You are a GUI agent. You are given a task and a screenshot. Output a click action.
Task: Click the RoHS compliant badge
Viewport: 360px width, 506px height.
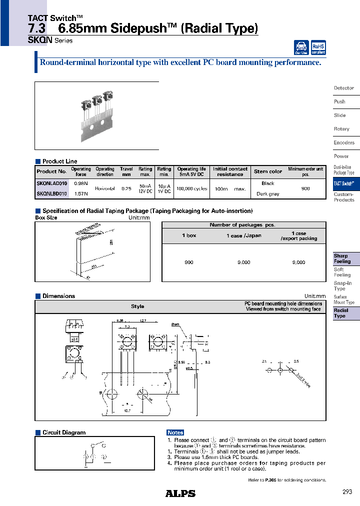point(318,47)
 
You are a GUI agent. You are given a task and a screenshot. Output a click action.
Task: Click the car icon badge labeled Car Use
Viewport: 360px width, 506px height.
point(301,47)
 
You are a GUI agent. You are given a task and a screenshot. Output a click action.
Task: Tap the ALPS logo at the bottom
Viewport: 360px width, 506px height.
point(180,493)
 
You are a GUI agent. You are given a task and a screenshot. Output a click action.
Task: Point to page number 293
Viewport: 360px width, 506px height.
point(347,492)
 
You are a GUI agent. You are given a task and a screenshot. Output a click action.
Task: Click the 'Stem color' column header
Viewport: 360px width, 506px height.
point(268,171)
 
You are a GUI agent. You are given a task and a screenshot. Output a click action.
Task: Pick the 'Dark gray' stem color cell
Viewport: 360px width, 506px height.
point(268,194)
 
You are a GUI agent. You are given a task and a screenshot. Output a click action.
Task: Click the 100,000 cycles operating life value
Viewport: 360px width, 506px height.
point(191,188)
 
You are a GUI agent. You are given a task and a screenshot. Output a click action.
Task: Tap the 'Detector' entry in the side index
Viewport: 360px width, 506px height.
point(343,88)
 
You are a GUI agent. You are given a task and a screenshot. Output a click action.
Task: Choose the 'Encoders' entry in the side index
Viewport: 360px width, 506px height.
point(344,142)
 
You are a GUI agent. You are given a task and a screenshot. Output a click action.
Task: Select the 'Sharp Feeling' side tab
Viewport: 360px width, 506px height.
point(342,258)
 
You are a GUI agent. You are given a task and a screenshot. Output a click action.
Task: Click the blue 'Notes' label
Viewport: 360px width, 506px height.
point(175,432)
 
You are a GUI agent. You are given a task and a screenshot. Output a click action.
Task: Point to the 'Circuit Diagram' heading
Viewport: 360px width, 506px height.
point(64,432)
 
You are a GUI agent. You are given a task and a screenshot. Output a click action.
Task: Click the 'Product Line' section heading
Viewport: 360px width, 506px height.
point(60,161)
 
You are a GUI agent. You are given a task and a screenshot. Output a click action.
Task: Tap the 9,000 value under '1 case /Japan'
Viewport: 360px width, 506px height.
point(243,262)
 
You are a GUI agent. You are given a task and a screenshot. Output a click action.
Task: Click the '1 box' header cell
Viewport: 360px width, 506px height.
point(189,235)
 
